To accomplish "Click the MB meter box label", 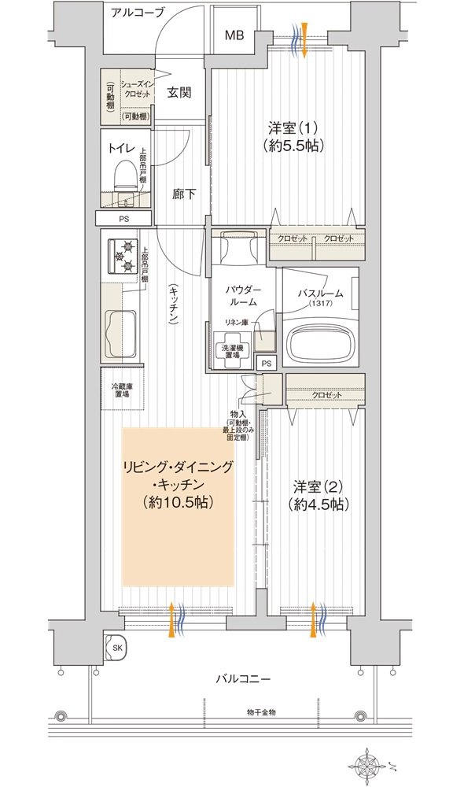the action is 234,35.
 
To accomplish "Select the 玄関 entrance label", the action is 179,93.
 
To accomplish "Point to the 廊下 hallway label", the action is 184,194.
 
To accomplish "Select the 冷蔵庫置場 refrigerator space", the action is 122,390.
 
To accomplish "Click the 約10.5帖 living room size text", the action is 178,501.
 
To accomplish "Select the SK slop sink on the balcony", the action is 117,647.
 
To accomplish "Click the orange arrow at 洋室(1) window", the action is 305,40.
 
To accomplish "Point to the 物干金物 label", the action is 261,712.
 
